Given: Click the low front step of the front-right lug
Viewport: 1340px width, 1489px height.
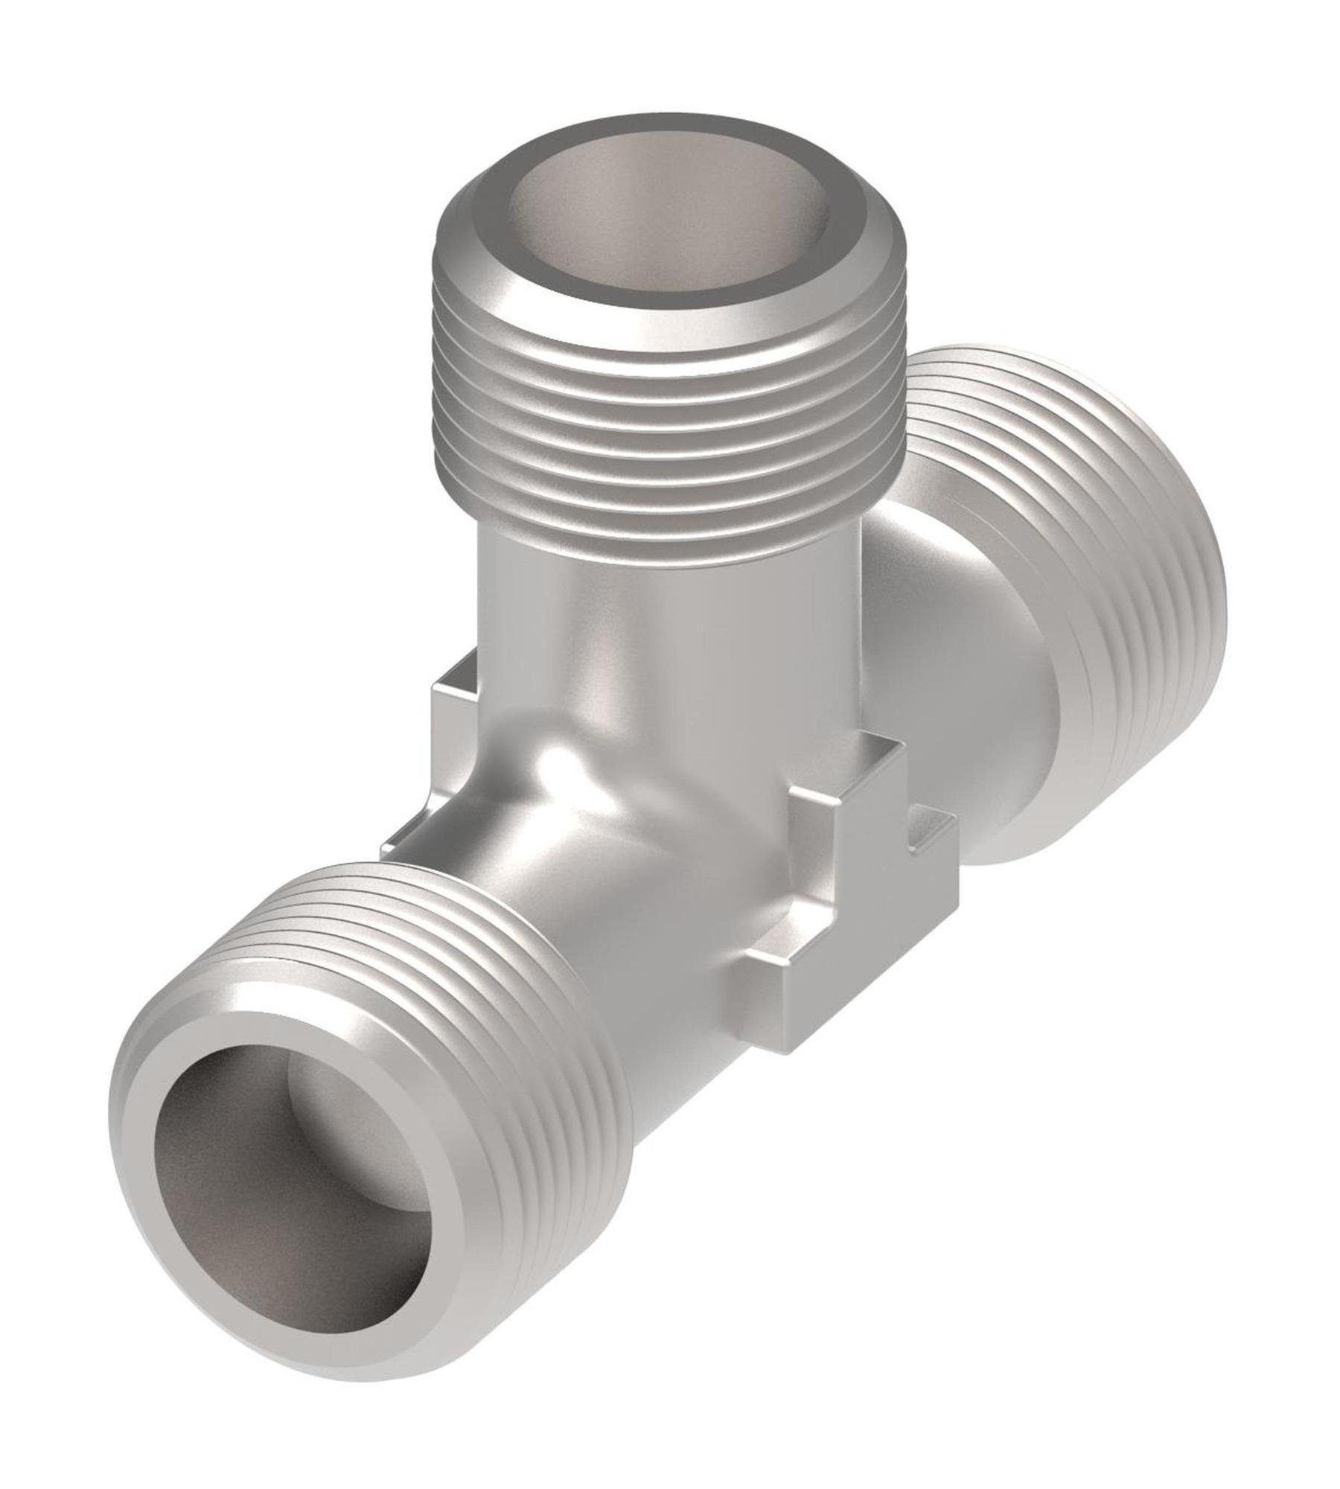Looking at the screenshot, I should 774,960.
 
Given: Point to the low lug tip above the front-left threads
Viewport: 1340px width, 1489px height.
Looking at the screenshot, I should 406,849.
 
